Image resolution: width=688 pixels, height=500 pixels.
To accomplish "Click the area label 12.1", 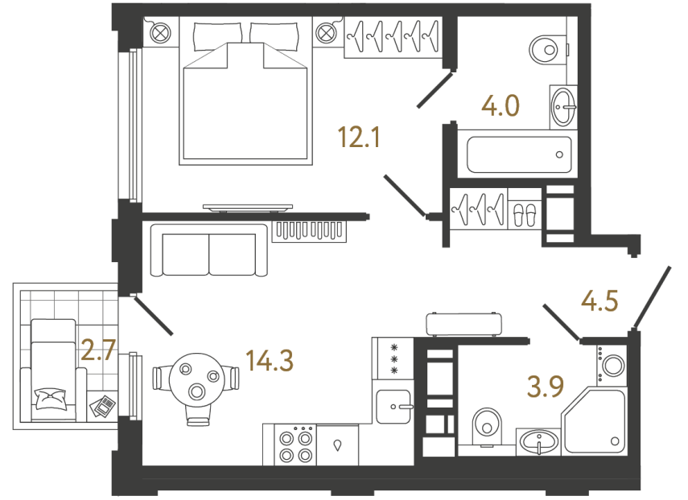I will pyautogui.click(x=359, y=138).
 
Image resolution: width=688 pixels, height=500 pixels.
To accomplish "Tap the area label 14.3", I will pyautogui.click(x=271, y=361).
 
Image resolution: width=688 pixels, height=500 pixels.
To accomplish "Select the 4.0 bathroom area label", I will pyautogui.click(x=501, y=105).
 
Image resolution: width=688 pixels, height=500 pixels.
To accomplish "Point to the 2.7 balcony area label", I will pyautogui.click(x=99, y=350).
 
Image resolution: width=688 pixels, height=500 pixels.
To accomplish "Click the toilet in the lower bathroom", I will pyautogui.click(x=486, y=423).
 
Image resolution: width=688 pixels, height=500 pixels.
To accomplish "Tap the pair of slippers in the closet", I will pyautogui.click(x=524, y=213).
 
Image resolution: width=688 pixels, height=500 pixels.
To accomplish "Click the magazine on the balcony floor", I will pyautogui.click(x=102, y=406).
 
